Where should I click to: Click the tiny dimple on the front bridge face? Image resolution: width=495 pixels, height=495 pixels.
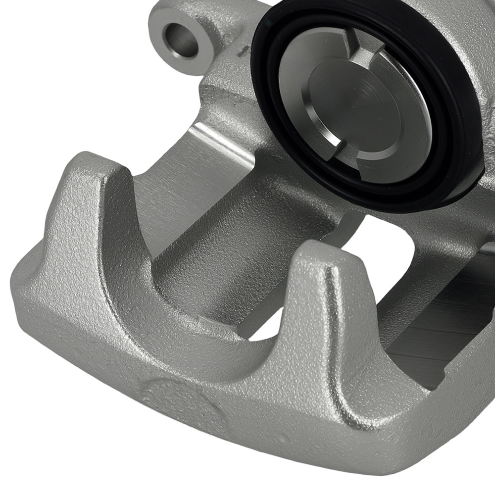pyautogui.click(x=283, y=439)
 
